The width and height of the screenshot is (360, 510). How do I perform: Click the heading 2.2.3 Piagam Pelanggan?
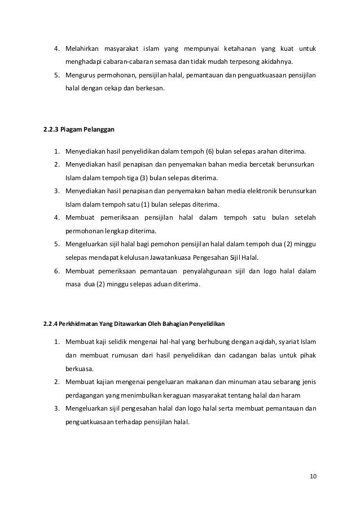click(79, 129)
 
